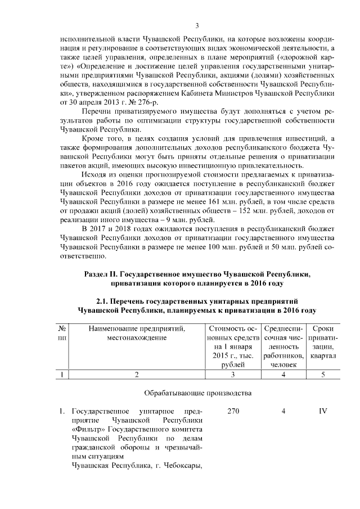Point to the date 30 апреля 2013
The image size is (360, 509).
pyautogui.click(x=91, y=101)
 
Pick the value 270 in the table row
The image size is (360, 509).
pyautogui.click(x=233, y=412)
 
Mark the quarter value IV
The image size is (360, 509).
pyautogui.click(x=323, y=412)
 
